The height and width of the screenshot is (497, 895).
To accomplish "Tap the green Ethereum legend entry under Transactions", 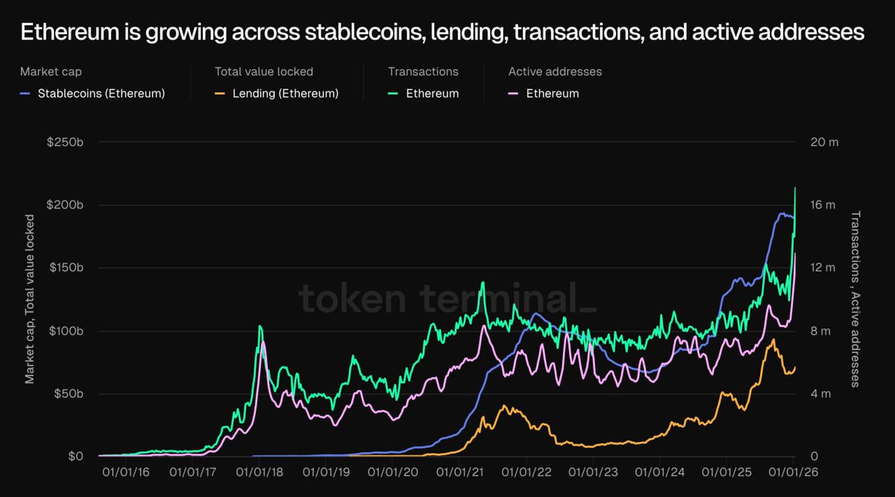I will [x=432, y=93].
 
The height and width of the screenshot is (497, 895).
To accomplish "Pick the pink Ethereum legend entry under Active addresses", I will [x=552, y=93].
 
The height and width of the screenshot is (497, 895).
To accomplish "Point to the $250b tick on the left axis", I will [x=66, y=142].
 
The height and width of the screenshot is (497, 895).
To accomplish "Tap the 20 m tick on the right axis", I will [x=824, y=142].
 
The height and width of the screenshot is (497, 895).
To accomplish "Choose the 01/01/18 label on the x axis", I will [x=260, y=472].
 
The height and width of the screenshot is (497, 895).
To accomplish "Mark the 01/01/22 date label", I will [x=527, y=472].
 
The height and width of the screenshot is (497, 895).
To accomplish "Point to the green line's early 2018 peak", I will [x=260, y=326].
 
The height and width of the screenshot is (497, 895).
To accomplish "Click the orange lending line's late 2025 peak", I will [x=773, y=340].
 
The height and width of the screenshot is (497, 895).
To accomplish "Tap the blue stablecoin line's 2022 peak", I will [x=534, y=314].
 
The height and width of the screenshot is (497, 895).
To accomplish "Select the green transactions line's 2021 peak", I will [x=483, y=282].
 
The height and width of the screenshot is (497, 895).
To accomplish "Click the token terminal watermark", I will [x=447, y=298].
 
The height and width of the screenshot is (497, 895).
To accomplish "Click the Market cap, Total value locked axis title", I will [x=30, y=298].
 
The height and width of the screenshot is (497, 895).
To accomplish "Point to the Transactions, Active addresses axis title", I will [x=855, y=298].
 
